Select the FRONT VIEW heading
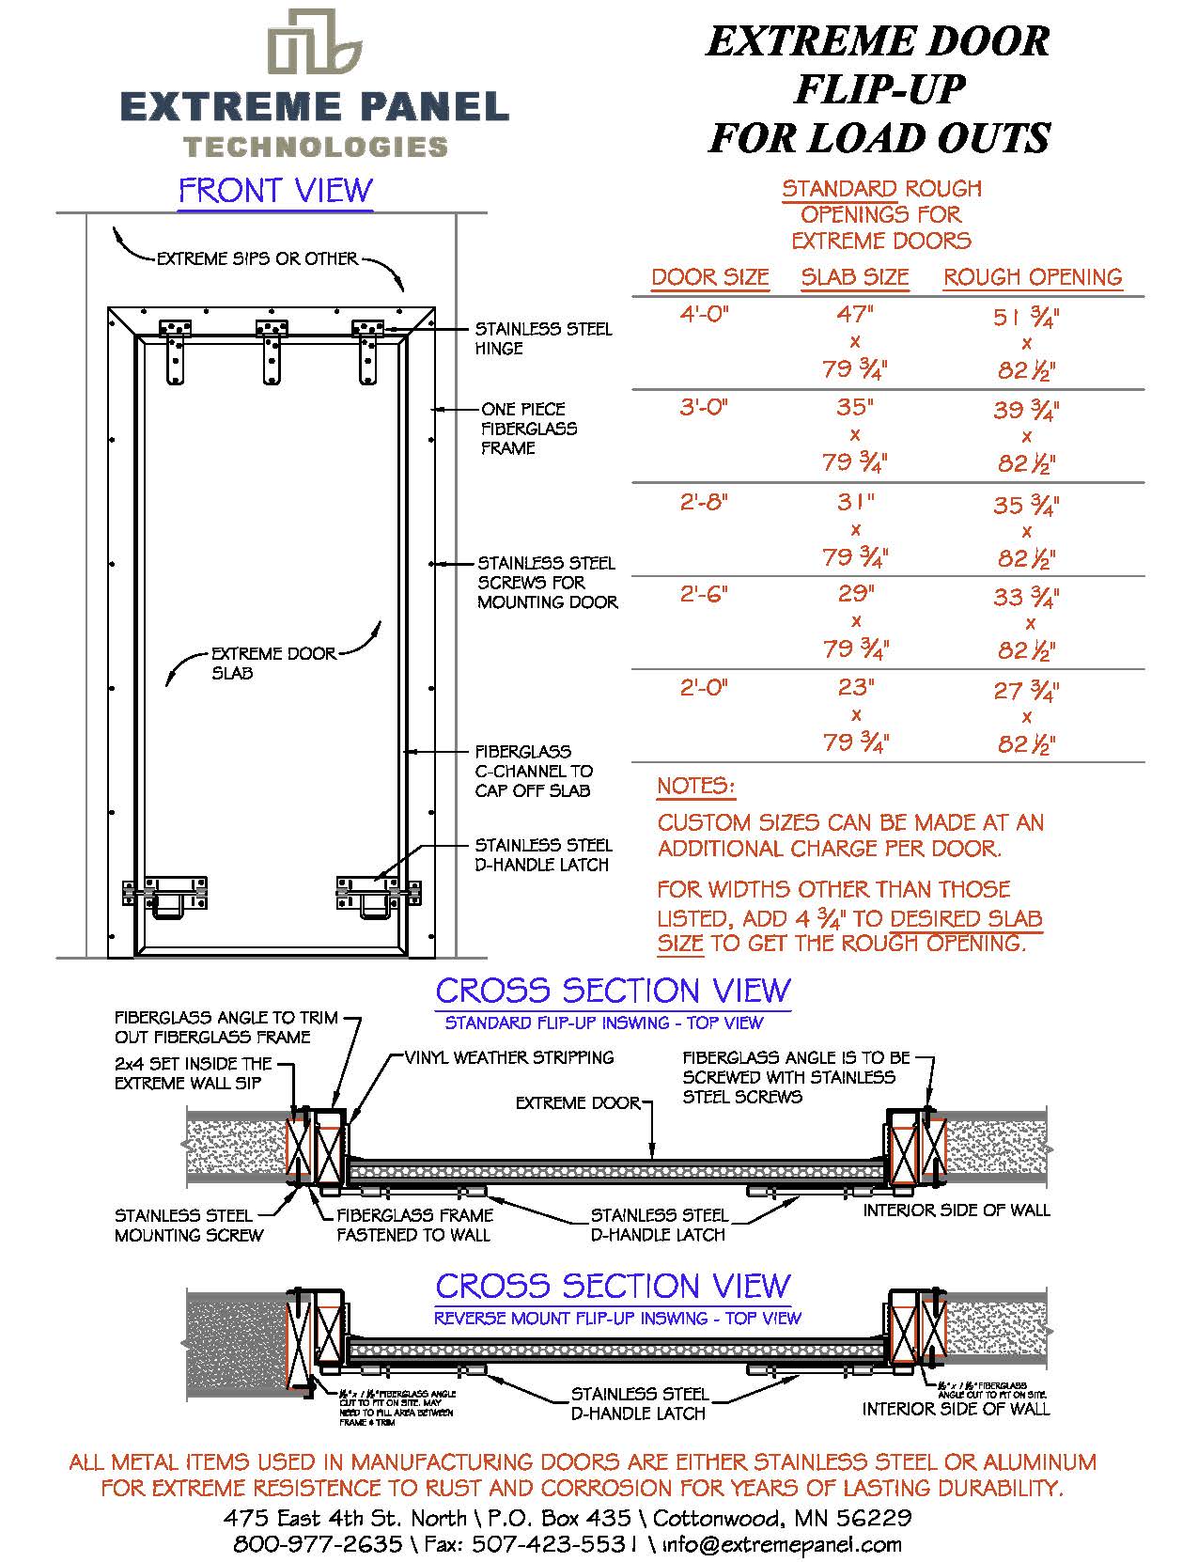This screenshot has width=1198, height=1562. pyautogui.click(x=275, y=191)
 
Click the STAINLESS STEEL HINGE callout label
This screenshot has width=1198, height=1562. pyautogui.click(x=542, y=338)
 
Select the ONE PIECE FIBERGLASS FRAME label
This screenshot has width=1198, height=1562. pyautogui.click(x=529, y=429)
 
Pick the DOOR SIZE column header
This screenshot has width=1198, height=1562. pyautogui.click(x=709, y=278)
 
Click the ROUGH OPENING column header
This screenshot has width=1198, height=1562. pyautogui.click(x=1033, y=277)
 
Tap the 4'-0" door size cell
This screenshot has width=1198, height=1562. pyautogui.click(x=705, y=315)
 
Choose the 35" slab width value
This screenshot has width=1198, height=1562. pyautogui.click(x=855, y=408)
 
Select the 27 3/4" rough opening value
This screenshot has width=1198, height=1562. pyautogui.click(x=1026, y=691)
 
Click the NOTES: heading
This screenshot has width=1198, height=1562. pyautogui.click(x=695, y=786)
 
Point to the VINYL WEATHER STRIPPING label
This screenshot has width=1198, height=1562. pyautogui.click(x=509, y=1057)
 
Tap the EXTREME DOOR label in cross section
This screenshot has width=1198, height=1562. pyautogui.click(x=577, y=1102)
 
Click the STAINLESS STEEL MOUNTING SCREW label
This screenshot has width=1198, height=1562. pyautogui.click(x=189, y=1226)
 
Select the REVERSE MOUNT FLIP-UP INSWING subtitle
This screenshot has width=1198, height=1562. pyautogui.click(x=616, y=1319)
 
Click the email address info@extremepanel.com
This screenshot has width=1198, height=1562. pyautogui.click(x=782, y=1543)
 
